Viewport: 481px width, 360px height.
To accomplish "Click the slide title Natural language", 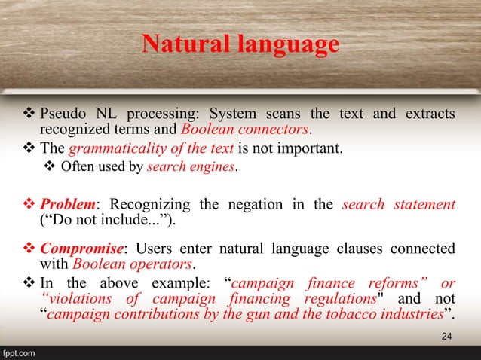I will [x=240, y=45].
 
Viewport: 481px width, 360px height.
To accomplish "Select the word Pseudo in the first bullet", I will [x=62, y=114].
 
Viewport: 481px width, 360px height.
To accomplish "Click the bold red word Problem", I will [x=64, y=206].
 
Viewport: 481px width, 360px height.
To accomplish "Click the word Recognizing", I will [x=158, y=206].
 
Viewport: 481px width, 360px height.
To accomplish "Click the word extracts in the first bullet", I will [x=430, y=114].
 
